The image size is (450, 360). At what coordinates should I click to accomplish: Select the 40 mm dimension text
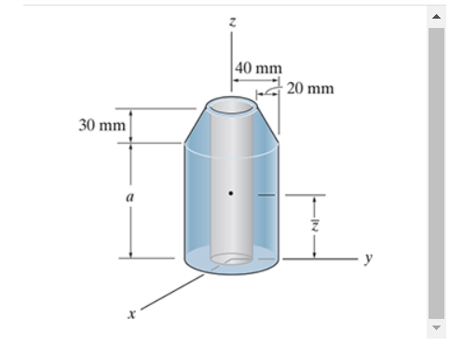258,68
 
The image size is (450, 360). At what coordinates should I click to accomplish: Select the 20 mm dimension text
309,89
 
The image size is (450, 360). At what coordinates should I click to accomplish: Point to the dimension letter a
130,198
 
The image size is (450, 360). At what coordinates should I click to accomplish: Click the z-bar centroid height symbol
315,226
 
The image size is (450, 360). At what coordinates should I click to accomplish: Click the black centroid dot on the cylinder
232,195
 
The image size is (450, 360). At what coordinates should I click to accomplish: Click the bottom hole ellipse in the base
231,258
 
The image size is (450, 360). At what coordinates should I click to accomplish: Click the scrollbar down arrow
435,328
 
